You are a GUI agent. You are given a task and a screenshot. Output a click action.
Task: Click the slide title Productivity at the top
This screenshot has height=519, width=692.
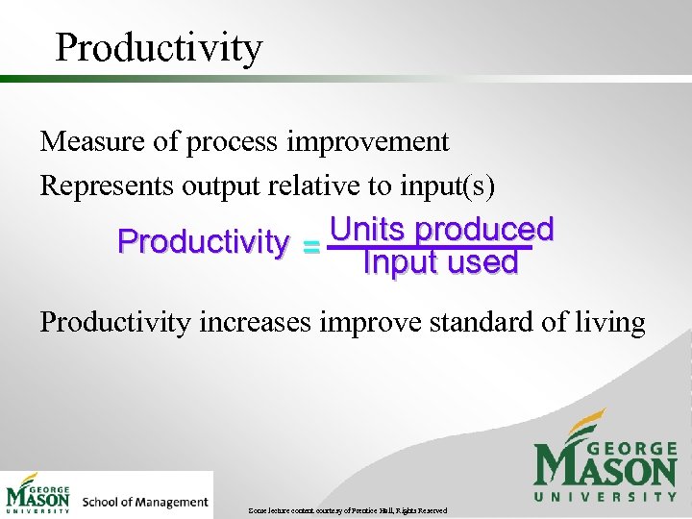pyautogui.click(x=158, y=47)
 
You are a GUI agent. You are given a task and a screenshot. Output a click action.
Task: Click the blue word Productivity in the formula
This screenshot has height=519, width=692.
pyautogui.click(x=202, y=242)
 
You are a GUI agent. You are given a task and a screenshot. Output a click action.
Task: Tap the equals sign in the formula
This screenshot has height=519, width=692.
pyautogui.click(x=310, y=248)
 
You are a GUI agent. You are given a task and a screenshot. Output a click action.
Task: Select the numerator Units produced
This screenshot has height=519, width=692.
pyautogui.click(x=441, y=229)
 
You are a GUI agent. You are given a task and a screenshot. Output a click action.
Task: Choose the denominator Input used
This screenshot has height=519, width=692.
pyautogui.click(x=440, y=262)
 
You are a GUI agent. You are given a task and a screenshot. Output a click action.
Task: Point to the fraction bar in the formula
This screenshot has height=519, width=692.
pyautogui.click(x=429, y=246)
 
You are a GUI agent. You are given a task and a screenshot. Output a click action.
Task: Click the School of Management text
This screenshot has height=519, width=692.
pyautogui.click(x=145, y=502)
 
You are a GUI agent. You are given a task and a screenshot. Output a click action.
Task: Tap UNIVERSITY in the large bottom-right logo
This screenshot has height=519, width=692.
pyautogui.click(x=605, y=496)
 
